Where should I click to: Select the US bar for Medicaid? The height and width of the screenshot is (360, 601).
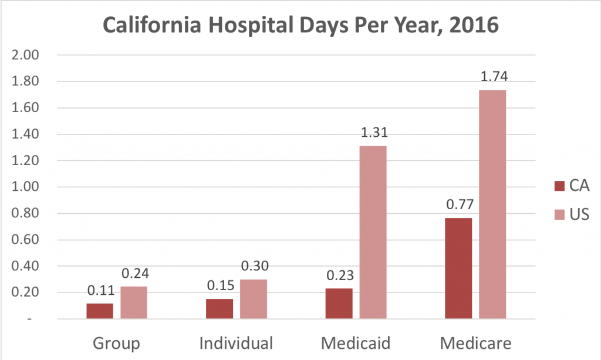[x=373, y=233]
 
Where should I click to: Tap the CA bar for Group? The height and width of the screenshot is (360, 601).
[x=100, y=311]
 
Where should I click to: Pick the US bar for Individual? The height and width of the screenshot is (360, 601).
[x=254, y=299]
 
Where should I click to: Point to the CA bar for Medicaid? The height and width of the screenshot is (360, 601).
[x=339, y=304]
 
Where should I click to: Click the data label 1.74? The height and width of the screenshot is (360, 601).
[x=493, y=76]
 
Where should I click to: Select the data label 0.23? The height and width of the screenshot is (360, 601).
[x=339, y=275]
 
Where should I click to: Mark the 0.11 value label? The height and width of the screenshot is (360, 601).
[x=100, y=290]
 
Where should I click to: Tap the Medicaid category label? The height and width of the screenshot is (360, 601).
[x=356, y=342]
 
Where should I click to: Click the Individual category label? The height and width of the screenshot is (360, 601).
[x=236, y=342]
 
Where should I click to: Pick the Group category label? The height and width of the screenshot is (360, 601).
[x=116, y=342]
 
